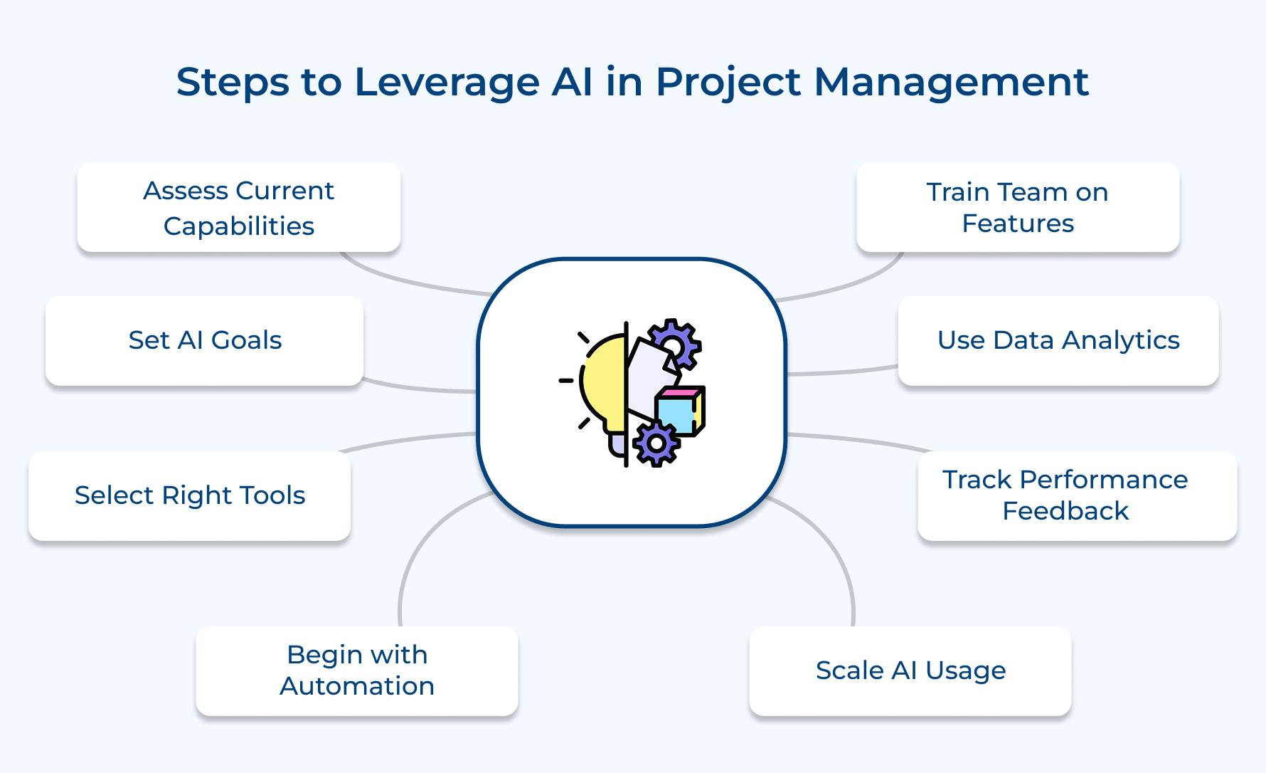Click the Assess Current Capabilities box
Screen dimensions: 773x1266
(238, 207)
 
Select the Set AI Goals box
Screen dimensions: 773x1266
(205, 341)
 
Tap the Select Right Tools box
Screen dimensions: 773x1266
(189, 496)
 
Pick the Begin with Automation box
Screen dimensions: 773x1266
(356, 671)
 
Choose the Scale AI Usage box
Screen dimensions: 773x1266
(910, 671)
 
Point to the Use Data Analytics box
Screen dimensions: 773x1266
(1058, 341)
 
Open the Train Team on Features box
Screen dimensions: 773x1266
(1017, 207)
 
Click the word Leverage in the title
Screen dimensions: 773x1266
(447, 83)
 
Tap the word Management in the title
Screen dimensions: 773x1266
(950, 82)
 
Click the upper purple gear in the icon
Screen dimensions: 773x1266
(674, 344)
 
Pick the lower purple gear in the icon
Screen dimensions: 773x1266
(656, 443)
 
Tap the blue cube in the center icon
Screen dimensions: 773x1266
(676, 415)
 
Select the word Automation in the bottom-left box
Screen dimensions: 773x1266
(356, 686)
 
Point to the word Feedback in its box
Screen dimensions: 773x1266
(1065, 511)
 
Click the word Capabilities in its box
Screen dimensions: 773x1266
(238, 226)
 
